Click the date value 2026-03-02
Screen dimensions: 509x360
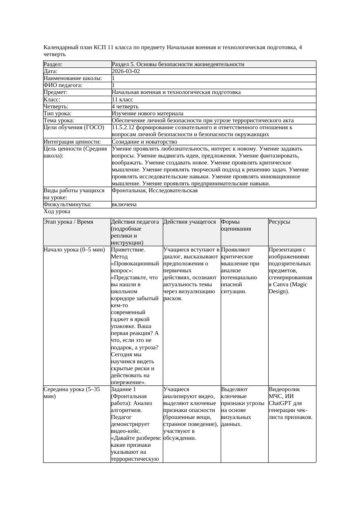point(126,71)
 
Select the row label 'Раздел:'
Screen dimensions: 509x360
point(53,64)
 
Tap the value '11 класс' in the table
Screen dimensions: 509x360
point(122,99)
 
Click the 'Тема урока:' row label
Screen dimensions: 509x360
point(59,120)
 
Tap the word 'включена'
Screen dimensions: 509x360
point(124,204)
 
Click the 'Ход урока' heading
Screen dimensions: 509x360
point(57,211)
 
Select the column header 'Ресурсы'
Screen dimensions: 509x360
point(279,222)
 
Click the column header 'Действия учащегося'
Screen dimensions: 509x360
point(189,222)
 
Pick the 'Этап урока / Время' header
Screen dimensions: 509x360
point(68,222)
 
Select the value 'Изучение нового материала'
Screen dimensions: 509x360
point(147,113)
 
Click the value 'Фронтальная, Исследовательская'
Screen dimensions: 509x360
point(155,191)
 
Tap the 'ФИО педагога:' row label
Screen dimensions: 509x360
point(63,85)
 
